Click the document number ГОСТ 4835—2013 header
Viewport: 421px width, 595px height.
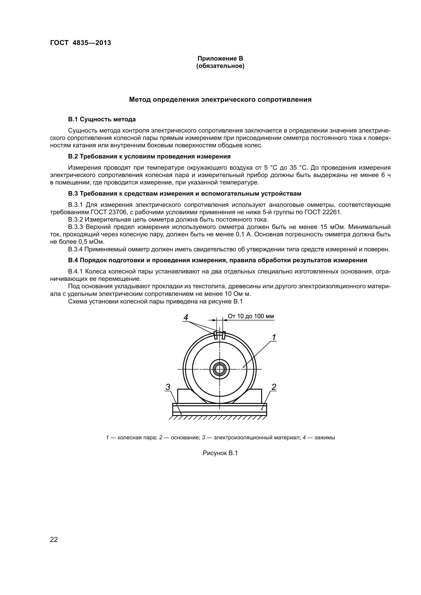[x=81, y=43]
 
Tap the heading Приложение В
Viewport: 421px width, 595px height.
[x=220, y=59]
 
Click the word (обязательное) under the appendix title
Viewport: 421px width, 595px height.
[x=220, y=66]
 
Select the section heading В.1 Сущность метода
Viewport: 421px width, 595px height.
[x=102, y=120]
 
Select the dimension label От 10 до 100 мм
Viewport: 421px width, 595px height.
[x=251, y=316]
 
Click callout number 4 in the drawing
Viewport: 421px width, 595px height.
[x=186, y=317]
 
